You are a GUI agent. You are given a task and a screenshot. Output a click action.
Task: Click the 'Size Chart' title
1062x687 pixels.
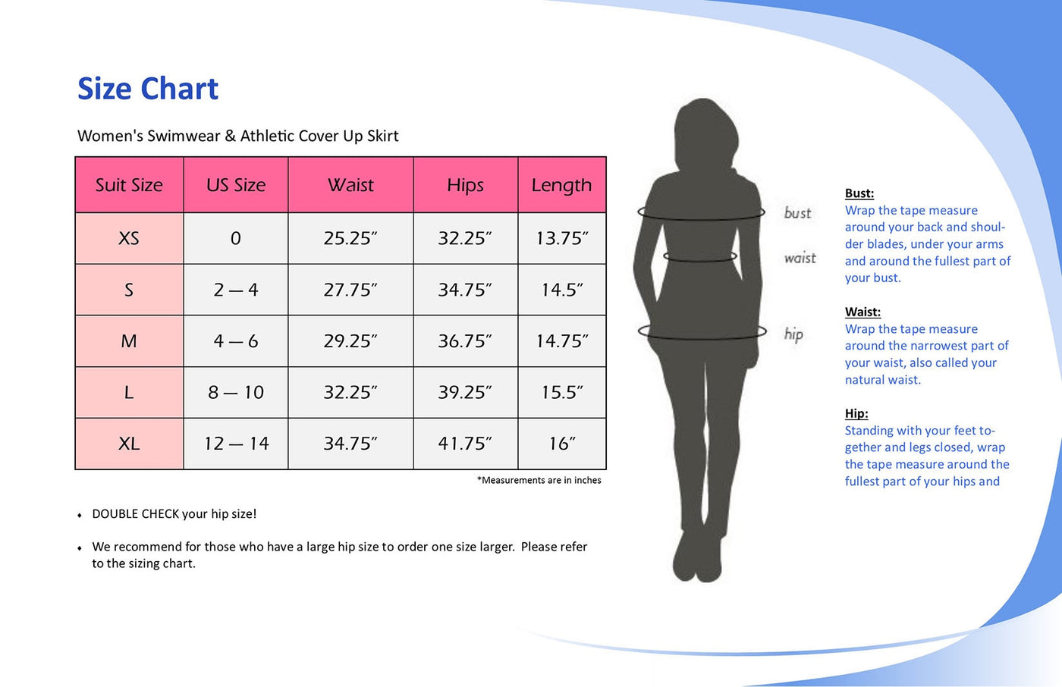[x=147, y=89]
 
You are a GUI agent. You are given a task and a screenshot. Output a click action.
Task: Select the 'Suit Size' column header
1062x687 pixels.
[x=129, y=185]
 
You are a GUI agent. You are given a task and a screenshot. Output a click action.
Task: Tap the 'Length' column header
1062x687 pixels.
[x=561, y=185]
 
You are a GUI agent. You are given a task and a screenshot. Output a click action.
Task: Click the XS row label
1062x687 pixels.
[x=129, y=238]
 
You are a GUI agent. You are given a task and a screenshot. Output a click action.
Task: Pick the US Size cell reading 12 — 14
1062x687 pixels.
[x=236, y=444]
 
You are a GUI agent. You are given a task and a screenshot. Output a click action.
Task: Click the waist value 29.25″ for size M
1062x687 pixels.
[x=350, y=340]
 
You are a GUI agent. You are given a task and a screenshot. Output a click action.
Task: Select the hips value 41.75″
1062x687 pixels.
[x=465, y=444]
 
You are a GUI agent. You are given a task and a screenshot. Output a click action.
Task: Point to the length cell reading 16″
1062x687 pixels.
[x=562, y=444]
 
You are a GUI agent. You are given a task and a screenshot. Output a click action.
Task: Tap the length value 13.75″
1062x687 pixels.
[x=562, y=238]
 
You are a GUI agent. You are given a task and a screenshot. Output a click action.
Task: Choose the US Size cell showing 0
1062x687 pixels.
[x=236, y=238]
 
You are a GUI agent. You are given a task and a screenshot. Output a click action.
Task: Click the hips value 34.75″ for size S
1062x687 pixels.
[x=465, y=290]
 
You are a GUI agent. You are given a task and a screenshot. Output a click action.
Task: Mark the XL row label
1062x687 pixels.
[x=129, y=444]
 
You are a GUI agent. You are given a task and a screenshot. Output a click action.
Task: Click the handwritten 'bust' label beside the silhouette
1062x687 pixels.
[x=797, y=213]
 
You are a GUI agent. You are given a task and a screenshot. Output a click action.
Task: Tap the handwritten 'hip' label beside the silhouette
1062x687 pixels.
[x=793, y=334]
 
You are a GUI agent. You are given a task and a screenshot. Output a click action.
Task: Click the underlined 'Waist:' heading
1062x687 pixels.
[x=862, y=312]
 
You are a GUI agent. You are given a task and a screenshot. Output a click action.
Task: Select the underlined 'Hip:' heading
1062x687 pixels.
[x=856, y=413]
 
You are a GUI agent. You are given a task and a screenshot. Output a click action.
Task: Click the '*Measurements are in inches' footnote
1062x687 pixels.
[x=539, y=480]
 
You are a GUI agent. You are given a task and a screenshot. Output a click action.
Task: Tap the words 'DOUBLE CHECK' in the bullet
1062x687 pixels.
[x=136, y=514]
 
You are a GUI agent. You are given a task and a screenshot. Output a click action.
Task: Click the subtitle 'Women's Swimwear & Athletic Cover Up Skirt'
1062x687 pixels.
[x=238, y=136]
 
